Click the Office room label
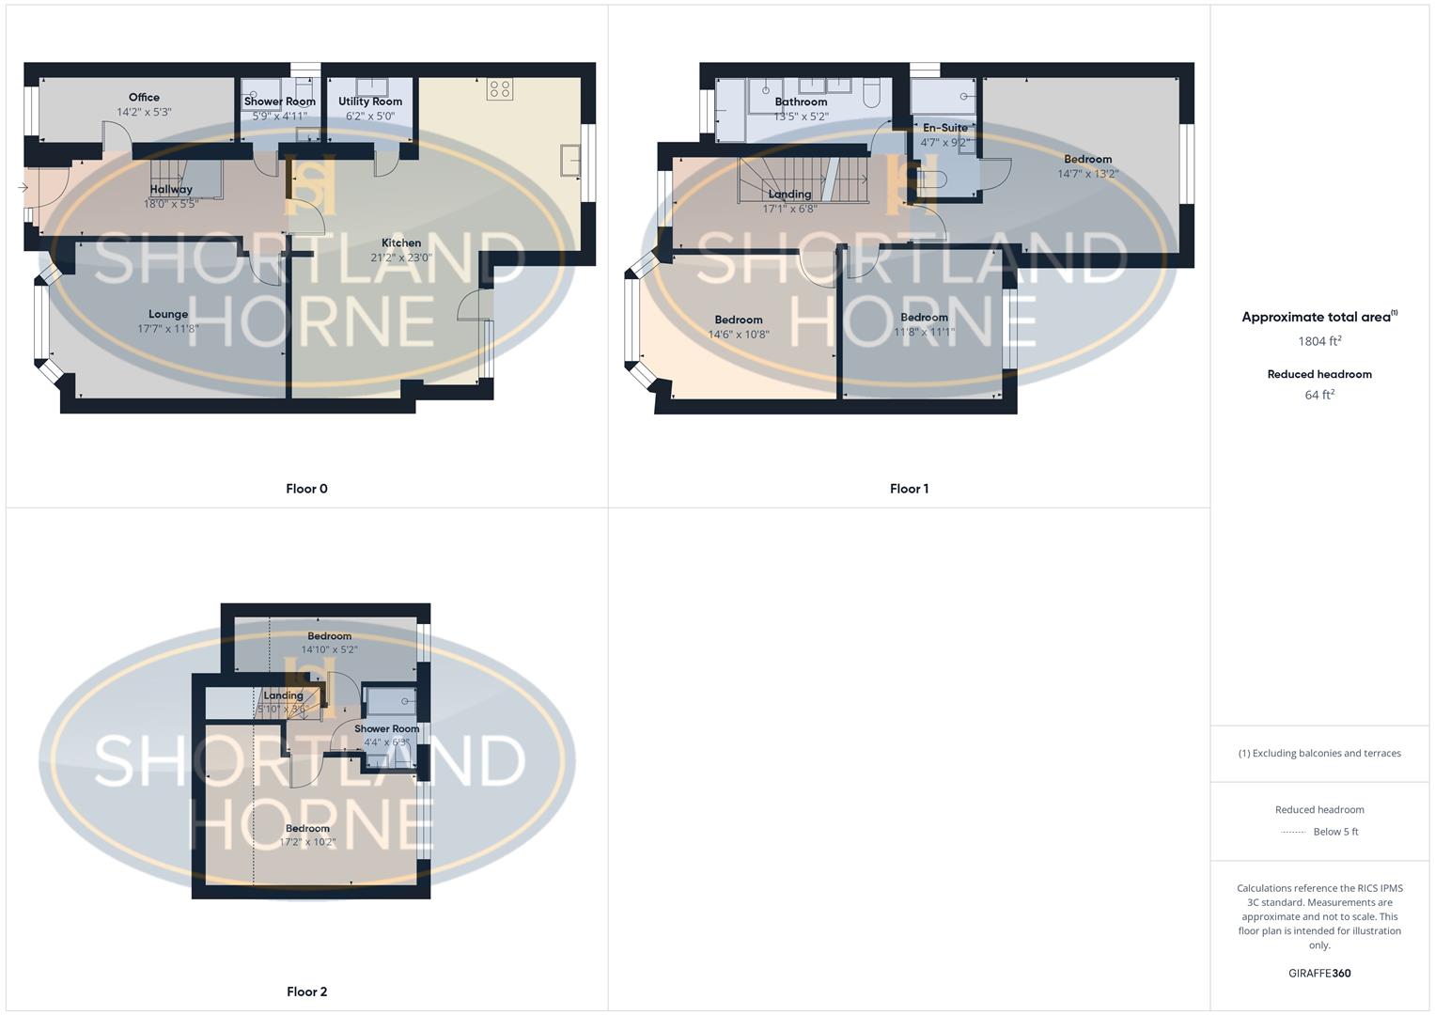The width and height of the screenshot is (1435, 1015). pyautogui.click(x=144, y=97)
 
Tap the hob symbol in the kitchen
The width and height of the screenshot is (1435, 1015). pyautogui.click(x=499, y=89)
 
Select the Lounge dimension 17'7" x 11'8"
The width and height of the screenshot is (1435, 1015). pyautogui.click(x=168, y=329)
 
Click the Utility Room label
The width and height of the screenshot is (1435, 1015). pyautogui.click(x=370, y=101)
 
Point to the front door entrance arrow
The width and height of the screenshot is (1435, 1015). pyautogui.click(x=23, y=188)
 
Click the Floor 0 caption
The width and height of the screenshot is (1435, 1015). pyautogui.click(x=306, y=489)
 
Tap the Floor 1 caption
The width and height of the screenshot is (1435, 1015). pyautogui.click(x=909, y=489)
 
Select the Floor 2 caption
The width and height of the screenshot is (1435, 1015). pyautogui.click(x=306, y=992)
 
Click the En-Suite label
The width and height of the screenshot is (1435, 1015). pyautogui.click(x=944, y=128)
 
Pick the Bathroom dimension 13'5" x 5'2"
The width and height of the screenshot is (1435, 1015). pyautogui.click(x=801, y=117)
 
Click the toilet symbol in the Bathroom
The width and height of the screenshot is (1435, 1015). pyautogui.click(x=870, y=91)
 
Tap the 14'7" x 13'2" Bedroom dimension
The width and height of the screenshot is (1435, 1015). pyautogui.click(x=1087, y=174)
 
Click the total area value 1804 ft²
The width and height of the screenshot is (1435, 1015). pyautogui.click(x=1319, y=341)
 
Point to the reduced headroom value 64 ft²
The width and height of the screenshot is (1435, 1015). pyautogui.click(x=1319, y=395)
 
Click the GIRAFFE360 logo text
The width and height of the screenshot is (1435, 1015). pyautogui.click(x=1319, y=973)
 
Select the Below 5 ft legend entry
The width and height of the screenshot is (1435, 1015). pyautogui.click(x=1334, y=832)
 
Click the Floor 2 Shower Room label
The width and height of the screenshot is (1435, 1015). pyautogui.click(x=386, y=728)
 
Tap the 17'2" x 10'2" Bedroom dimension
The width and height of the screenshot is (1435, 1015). pyautogui.click(x=307, y=842)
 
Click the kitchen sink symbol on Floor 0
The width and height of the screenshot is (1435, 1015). pyautogui.click(x=569, y=161)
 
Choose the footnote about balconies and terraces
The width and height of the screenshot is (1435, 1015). pyautogui.click(x=1319, y=753)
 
